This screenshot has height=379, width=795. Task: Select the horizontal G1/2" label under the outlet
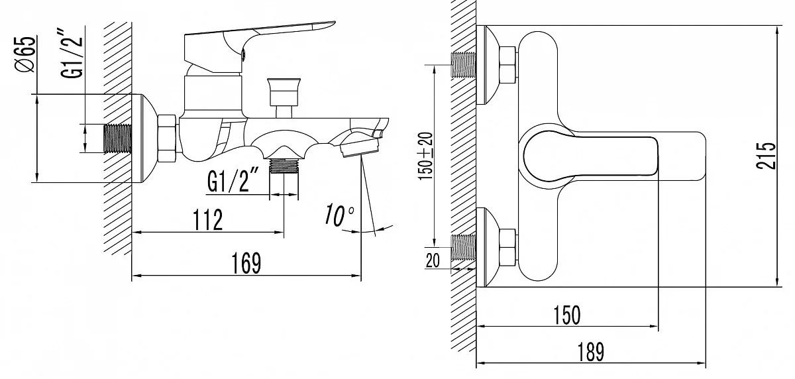pyautogui.click(x=233, y=180)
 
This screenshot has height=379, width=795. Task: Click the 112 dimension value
pyautogui.click(x=208, y=220)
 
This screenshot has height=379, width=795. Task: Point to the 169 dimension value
pyautogui.click(x=246, y=263)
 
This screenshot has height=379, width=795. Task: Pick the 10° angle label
pyautogui.click(x=339, y=214)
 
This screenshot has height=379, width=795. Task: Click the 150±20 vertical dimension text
pyautogui.click(x=426, y=156)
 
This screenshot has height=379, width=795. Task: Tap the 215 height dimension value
pyautogui.click(x=766, y=156)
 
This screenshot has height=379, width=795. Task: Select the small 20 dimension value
pyautogui.click(x=432, y=260)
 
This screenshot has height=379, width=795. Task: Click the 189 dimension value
pyautogui.click(x=590, y=352)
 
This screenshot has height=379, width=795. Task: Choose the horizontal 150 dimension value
pyautogui.click(x=567, y=315)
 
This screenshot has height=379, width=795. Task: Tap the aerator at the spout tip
pyautogui.click(x=359, y=147)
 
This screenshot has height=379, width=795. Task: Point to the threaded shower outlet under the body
pyautogui.click(x=284, y=166)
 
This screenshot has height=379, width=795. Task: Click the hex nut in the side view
pyautogui.click(x=167, y=138)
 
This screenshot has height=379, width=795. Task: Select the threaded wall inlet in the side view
pyautogui.click(x=117, y=138)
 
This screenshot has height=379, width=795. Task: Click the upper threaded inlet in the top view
pyautogui.click(x=463, y=65)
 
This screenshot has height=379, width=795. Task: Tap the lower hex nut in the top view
pyautogui.click(x=507, y=247)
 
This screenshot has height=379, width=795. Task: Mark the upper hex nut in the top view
pyautogui.click(x=507, y=65)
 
